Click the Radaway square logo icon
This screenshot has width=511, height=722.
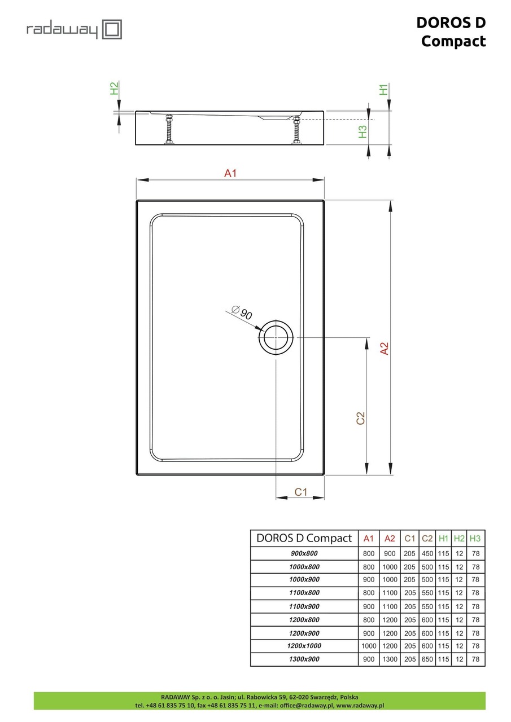[x=112, y=29]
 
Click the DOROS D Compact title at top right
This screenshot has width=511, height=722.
[x=451, y=32]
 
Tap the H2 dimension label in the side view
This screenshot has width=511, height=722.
[x=114, y=89]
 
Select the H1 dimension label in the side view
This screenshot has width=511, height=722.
[x=383, y=89]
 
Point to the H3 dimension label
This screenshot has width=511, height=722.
[x=363, y=131]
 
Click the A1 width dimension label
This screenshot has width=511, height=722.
[x=230, y=174]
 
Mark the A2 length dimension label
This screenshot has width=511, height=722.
[x=384, y=349]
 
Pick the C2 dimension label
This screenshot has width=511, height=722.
[x=361, y=418]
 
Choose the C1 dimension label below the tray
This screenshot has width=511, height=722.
[x=301, y=492]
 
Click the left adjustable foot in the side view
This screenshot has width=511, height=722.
[x=168, y=130]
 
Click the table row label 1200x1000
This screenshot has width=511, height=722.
[x=304, y=646]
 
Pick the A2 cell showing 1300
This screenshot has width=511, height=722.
[x=390, y=659]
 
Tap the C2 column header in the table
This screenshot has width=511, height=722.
[x=427, y=538]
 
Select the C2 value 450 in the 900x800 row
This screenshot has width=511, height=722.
[x=427, y=554]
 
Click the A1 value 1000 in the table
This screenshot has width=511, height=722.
[x=369, y=646]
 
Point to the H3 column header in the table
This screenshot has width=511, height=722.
[x=475, y=538]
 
